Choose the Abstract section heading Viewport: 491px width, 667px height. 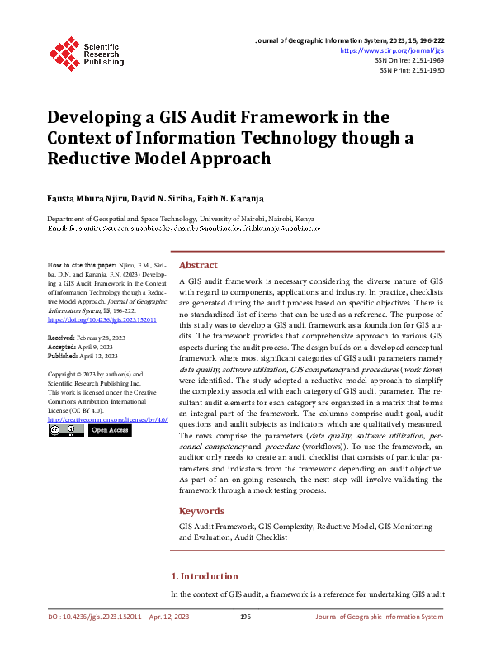point(198,266)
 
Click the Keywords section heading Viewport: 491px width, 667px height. point(201,511)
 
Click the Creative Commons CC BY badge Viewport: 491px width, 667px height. point(65,430)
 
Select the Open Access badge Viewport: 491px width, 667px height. point(110,430)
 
